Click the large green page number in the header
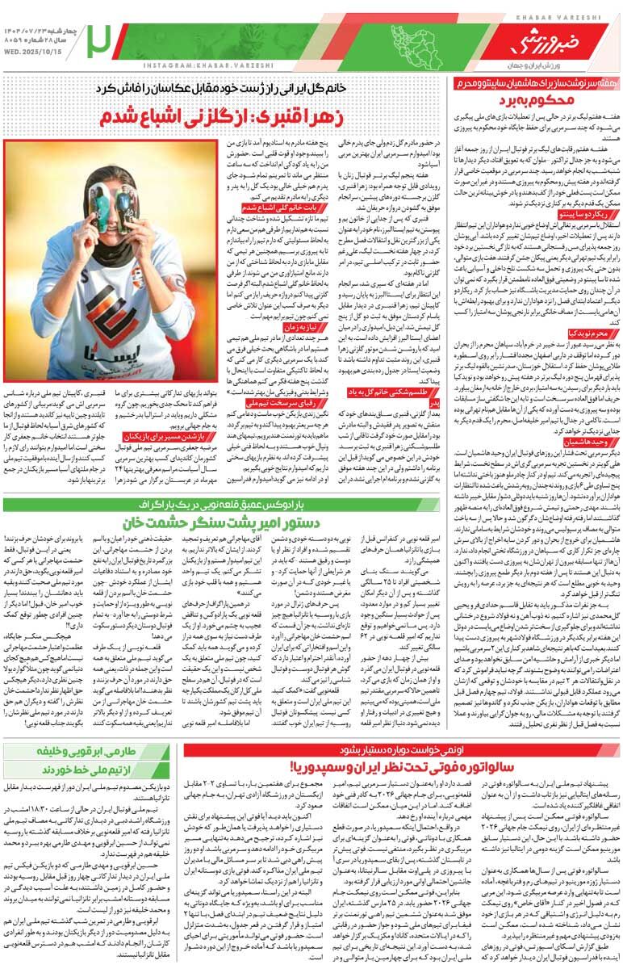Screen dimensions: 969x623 (102, 37)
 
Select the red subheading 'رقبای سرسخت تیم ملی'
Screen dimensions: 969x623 (248, 399)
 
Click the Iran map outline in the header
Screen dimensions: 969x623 (420, 40)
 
